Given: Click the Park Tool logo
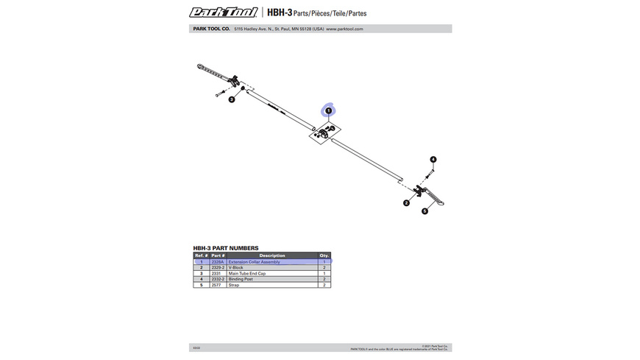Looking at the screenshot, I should (223, 12).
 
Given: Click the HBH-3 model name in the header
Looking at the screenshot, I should (280, 13).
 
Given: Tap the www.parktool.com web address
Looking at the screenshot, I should (344, 29).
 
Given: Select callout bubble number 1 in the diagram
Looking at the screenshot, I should (329, 110).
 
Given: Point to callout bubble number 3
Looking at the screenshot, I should (231, 99).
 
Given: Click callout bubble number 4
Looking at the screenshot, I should (433, 159).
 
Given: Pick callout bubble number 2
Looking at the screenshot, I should (406, 203).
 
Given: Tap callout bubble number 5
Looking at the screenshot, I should (424, 211).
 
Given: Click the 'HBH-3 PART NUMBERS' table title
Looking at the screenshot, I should (226, 248).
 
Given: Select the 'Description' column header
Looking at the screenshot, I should (271, 255).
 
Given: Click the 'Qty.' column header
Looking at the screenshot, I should (324, 255).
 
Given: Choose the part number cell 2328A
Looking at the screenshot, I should (218, 262).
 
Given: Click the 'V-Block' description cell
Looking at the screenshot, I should (236, 268).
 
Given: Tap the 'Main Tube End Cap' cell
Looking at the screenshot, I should (247, 274).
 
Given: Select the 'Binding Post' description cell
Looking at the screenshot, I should (241, 279).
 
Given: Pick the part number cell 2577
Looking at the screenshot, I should (217, 285).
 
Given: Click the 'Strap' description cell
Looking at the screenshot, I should (234, 285).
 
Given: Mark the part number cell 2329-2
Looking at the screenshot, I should (218, 268).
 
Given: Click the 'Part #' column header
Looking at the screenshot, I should (218, 255).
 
